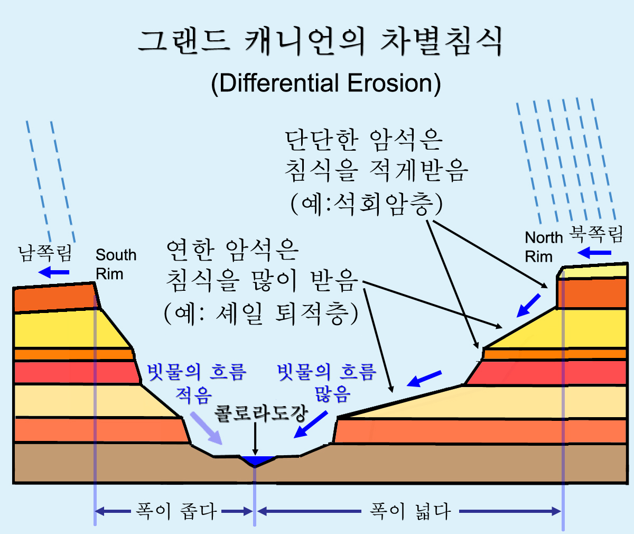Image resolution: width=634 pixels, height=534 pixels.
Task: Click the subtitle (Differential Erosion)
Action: point(326,84)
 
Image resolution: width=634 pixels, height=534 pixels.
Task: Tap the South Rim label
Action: point(116,264)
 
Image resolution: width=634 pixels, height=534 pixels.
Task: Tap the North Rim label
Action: point(544,247)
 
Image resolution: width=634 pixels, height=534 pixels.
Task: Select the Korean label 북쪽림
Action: point(595,234)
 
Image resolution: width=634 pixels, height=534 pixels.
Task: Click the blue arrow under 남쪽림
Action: point(54,272)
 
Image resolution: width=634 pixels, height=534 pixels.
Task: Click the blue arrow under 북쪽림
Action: point(594,253)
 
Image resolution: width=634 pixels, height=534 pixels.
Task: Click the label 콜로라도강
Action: point(261,413)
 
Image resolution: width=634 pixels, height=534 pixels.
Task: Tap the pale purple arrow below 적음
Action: point(207,428)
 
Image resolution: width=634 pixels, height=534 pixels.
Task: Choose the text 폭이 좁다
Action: point(176,511)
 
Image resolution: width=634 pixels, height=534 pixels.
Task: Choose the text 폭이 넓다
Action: point(410,511)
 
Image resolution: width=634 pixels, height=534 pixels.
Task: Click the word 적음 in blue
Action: point(193,394)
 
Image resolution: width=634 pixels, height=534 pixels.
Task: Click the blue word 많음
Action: point(332,394)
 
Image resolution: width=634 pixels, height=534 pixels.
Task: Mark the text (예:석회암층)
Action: point(367,204)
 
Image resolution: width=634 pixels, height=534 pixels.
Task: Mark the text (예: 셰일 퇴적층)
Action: point(261,314)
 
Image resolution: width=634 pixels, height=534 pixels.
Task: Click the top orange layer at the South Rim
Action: point(54,297)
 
